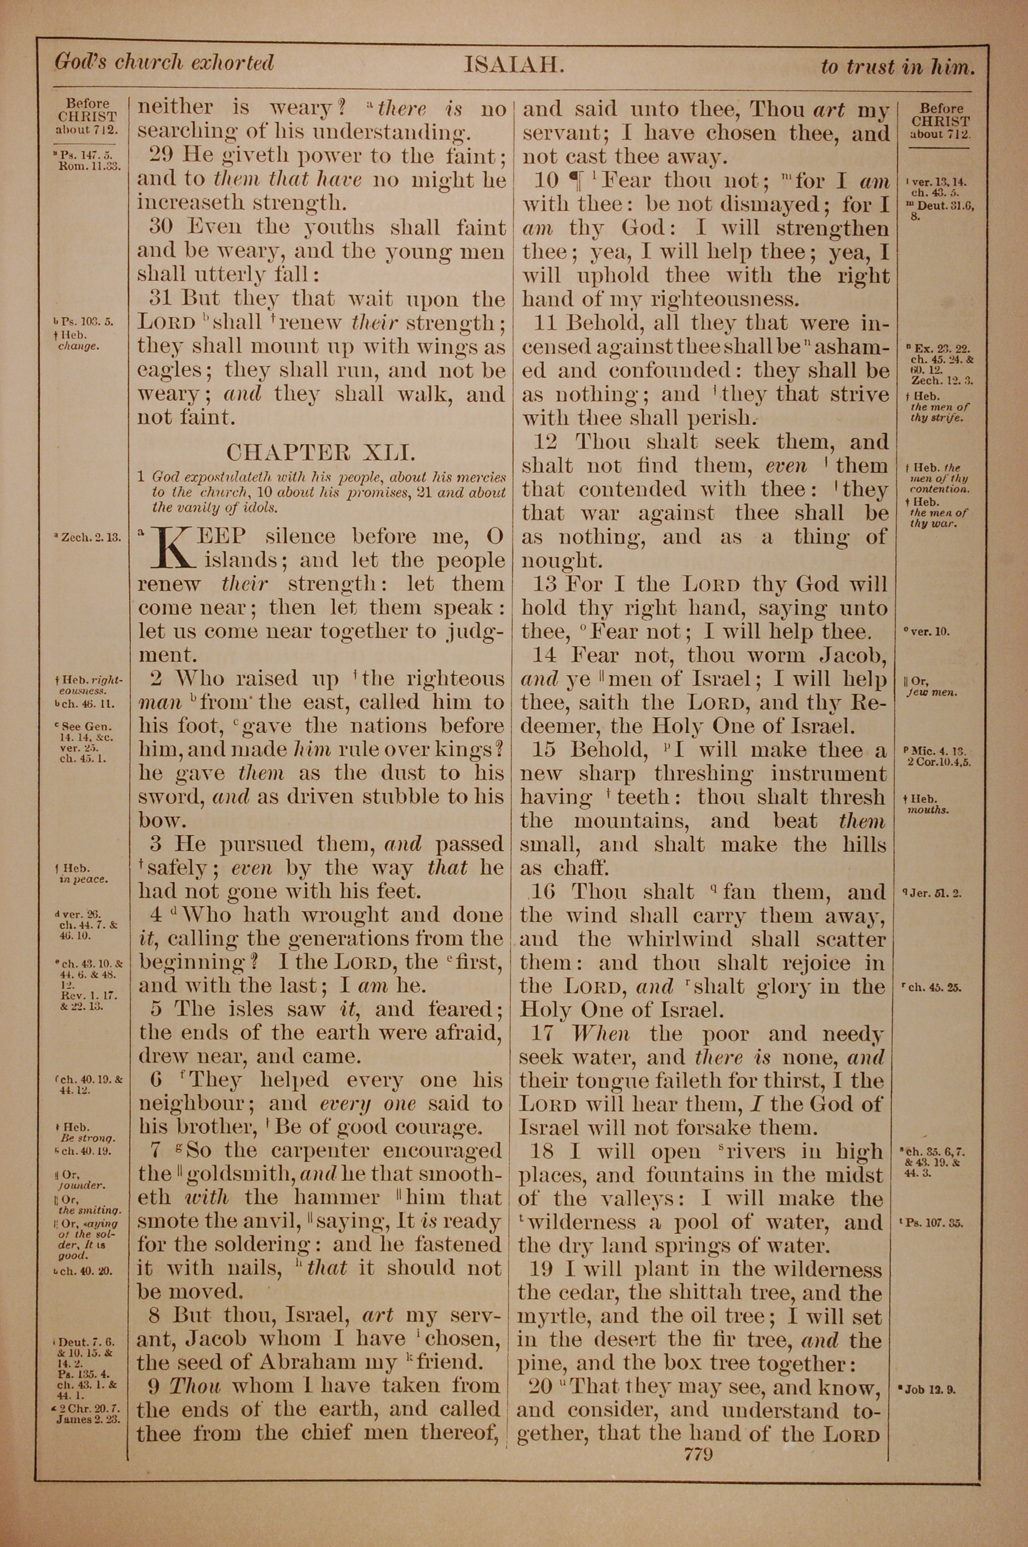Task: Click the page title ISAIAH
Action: pos(514,65)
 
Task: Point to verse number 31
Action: pos(162,299)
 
